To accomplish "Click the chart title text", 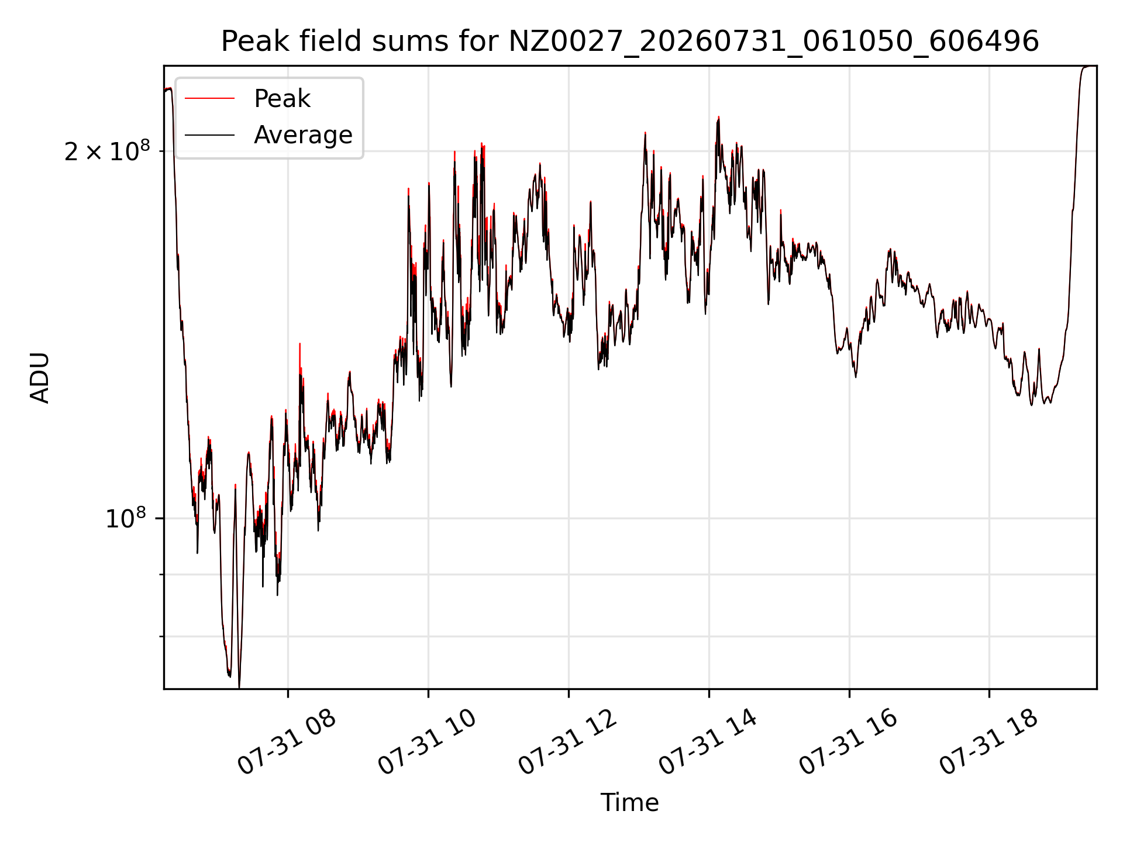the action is pos(630,42).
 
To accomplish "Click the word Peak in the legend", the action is pos(282,99).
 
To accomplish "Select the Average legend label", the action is pos(303,135).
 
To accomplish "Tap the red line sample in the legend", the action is pos(210,99).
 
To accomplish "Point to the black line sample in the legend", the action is pos(210,135).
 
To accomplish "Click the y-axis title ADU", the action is pos(40,378).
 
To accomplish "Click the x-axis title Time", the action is pos(630,803).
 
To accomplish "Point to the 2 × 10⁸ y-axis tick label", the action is pos(107,151).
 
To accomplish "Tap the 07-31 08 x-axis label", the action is pos(287,742).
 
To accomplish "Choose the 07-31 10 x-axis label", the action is pos(428,742).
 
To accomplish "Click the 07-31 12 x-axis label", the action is pos(568,742).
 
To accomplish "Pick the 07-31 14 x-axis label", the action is pos(708,742).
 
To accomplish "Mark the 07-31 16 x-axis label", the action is pos(849,742).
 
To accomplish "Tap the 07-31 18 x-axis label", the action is pos(989,742).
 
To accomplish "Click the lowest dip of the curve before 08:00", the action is pos(239,686).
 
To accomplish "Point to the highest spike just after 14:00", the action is pos(718,118).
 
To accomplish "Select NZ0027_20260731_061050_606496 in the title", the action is pos(774,42).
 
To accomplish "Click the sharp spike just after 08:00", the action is pos(299,344).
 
